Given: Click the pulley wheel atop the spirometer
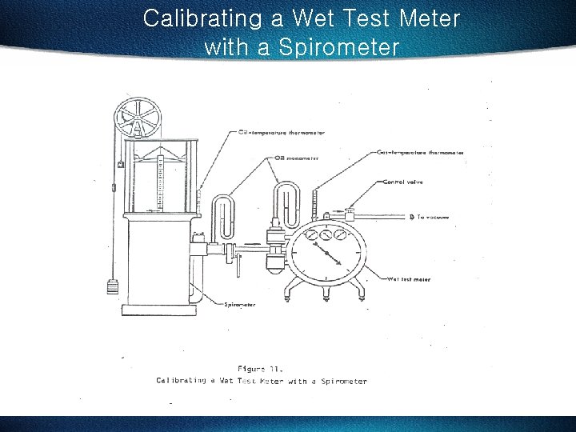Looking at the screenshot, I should pos(138,118).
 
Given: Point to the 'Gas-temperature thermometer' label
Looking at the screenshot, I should pos(420,152).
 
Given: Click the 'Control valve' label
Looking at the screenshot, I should pos(403,182).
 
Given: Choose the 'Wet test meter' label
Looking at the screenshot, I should pos(409,279).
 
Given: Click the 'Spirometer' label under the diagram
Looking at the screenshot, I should pos(240,305).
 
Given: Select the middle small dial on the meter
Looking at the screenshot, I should pos(324,235).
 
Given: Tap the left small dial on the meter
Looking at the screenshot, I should pos(307,237).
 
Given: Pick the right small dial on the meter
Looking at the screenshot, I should pos(341,237).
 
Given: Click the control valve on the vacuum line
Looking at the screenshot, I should pos(350,214).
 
